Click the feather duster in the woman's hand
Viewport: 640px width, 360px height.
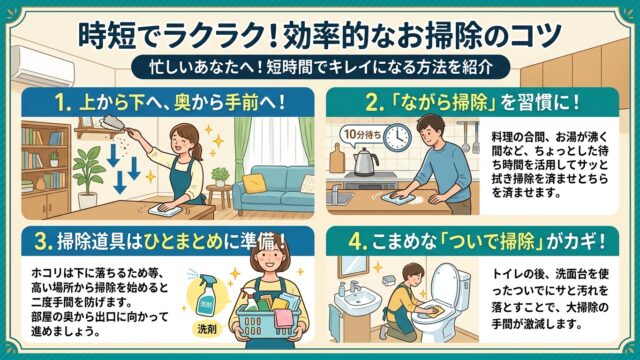110,123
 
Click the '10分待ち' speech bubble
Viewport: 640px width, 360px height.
362,134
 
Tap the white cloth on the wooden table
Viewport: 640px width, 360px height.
164,210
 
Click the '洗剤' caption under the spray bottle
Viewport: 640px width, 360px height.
207,329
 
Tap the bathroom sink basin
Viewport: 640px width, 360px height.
357,301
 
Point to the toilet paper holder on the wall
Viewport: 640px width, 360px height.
389,280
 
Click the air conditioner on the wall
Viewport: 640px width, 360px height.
43,66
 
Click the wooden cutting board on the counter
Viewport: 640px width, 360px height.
337,158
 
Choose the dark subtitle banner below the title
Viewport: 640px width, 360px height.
321,67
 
